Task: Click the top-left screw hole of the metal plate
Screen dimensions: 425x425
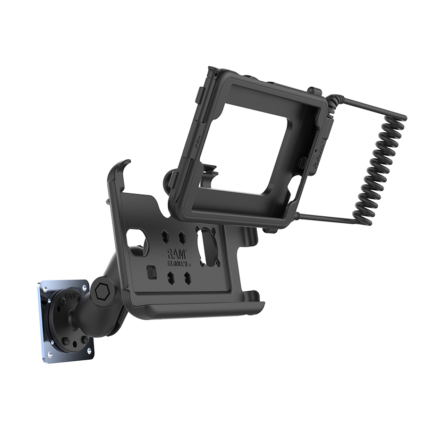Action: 44,288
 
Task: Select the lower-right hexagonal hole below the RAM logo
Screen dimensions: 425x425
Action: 187,277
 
